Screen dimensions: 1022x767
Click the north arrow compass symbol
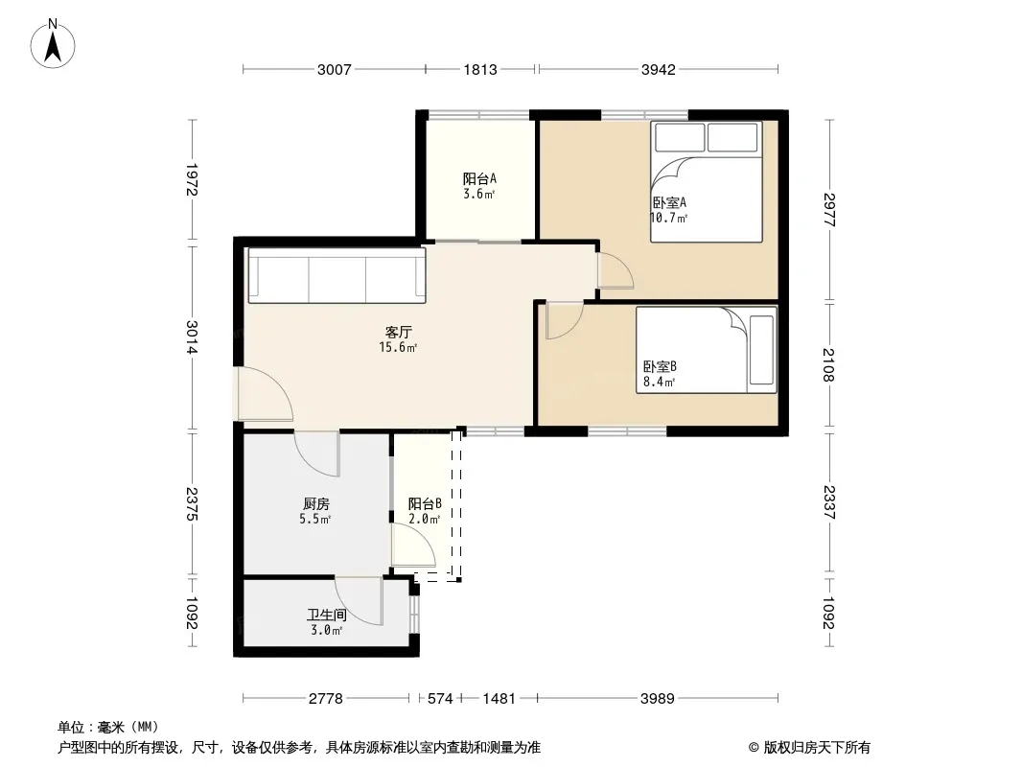(53, 44)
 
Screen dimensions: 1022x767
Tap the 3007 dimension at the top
(335, 70)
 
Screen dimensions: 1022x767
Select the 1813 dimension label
(480, 70)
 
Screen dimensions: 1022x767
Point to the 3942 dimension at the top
(659, 70)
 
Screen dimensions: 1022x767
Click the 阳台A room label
(479, 178)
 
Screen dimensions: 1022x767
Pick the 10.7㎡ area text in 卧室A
(669, 218)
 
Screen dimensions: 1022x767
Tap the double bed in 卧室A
(706, 182)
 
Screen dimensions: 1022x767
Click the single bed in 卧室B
(707, 350)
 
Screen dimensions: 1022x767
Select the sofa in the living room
(337, 276)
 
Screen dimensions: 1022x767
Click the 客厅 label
(398, 333)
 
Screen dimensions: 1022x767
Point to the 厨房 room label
(316, 503)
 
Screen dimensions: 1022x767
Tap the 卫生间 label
(327, 615)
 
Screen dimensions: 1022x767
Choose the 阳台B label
(425, 503)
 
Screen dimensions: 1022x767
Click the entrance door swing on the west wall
(265, 394)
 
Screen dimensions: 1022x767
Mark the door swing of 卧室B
(565, 320)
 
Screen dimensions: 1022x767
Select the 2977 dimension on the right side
(829, 209)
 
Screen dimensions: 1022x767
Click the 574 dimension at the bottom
(440, 699)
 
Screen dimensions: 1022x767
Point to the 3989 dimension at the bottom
(657, 699)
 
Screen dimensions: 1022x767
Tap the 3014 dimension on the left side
(192, 337)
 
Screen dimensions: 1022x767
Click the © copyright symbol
(754, 748)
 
